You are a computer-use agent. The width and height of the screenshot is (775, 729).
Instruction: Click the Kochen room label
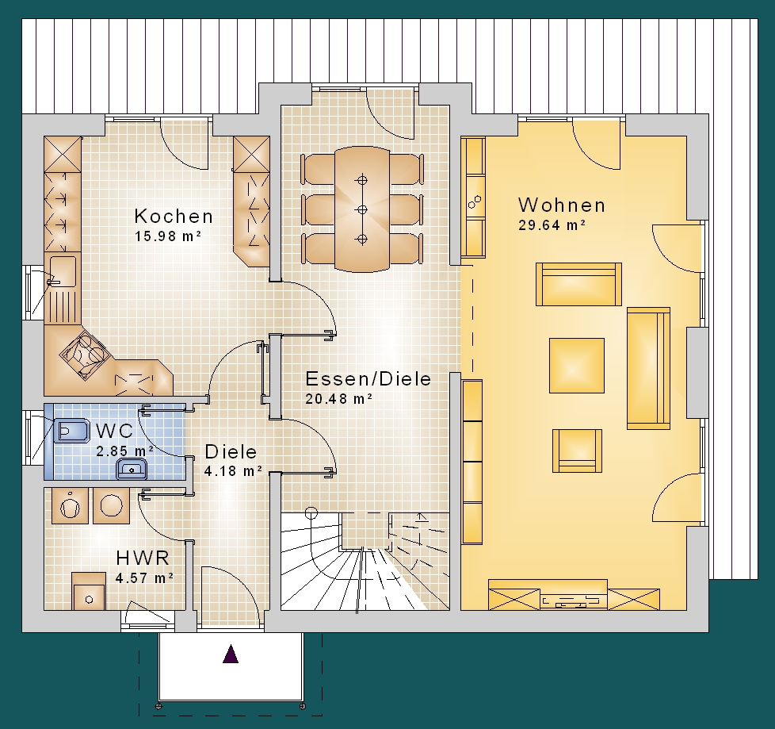174,217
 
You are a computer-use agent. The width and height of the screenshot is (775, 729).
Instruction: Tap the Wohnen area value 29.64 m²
552,225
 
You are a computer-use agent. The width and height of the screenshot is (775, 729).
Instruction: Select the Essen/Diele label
368,378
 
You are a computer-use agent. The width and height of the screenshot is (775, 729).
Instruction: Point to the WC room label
115,431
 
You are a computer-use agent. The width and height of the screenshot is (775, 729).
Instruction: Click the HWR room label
143,558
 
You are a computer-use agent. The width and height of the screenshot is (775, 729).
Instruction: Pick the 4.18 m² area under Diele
233,470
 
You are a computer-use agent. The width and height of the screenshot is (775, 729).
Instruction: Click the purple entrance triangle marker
231,654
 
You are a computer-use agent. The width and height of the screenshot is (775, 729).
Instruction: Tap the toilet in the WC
71,431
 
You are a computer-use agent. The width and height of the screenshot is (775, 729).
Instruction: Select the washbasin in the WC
132,469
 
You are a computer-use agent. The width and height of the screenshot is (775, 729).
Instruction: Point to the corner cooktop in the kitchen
85,354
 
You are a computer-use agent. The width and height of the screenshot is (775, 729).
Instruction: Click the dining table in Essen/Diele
362,209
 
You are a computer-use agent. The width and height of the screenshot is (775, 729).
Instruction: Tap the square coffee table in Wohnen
577,365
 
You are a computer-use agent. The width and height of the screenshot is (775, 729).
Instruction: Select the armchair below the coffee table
577,451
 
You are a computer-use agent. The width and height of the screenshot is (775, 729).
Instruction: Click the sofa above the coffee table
578,284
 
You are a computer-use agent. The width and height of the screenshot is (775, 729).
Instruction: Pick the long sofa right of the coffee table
648,368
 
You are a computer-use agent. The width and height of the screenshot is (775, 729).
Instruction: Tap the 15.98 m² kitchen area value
168,236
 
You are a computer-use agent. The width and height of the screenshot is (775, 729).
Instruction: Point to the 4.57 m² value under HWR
144,577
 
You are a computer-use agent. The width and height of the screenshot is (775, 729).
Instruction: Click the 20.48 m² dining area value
338,398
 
